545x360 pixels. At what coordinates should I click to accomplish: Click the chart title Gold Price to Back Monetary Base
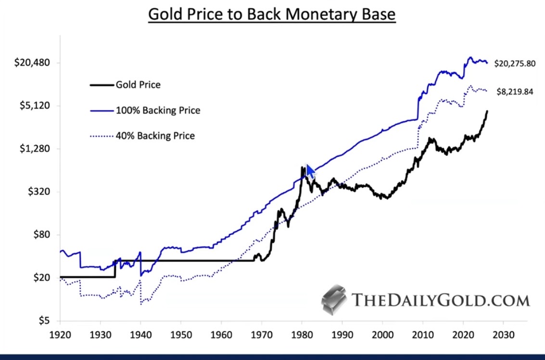(272, 14)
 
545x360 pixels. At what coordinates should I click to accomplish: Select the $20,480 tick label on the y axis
(32, 63)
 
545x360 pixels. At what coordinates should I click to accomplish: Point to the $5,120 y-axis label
(35, 105)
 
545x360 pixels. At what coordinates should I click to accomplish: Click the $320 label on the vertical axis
(39, 192)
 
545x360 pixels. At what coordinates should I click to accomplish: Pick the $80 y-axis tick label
(41, 235)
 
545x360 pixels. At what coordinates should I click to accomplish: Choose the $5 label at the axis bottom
(44, 321)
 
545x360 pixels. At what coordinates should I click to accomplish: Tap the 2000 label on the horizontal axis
(382, 333)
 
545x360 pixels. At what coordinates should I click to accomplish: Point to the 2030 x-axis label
(503, 333)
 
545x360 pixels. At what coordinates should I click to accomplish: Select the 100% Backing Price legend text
(158, 111)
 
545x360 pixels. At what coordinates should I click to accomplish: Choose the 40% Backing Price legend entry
(155, 136)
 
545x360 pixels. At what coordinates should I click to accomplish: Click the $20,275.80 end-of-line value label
(515, 64)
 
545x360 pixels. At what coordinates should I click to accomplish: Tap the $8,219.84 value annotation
(515, 92)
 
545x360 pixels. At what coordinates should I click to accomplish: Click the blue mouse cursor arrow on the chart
(309, 171)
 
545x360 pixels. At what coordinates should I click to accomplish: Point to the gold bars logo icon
(334, 299)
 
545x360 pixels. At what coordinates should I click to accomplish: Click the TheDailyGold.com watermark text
(441, 300)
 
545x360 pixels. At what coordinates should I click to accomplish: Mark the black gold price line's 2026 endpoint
(487, 111)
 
